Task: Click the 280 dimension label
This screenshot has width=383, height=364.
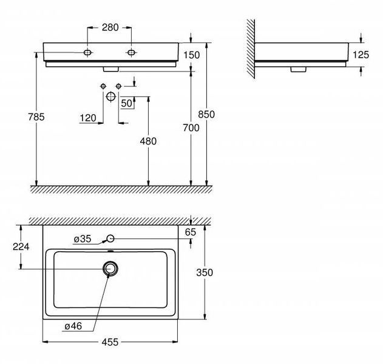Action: coord(110,27)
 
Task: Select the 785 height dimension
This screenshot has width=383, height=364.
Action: coord(36,117)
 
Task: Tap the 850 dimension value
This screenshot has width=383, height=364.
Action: coord(206,114)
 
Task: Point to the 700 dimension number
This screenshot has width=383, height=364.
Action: coord(191,127)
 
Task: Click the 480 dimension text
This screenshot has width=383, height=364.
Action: coord(148,141)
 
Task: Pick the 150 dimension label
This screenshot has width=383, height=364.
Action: coord(192,55)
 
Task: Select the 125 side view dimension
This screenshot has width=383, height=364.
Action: coord(361,55)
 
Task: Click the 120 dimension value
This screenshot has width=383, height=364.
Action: coord(88,118)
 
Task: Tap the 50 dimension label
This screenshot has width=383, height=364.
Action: coord(126,103)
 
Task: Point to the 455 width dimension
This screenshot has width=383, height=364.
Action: coord(110,342)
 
